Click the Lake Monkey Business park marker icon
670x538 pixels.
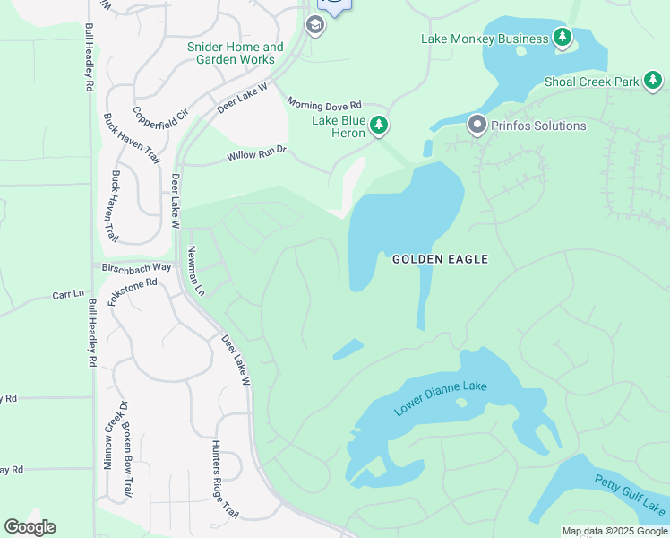click(563, 38)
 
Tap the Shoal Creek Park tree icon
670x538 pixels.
click(653, 82)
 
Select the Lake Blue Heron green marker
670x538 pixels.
click(379, 126)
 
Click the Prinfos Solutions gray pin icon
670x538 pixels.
click(477, 125)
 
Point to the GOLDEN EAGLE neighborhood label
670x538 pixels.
click(441, 259)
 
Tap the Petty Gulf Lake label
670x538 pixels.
click(630, 494)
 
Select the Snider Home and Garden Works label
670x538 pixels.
click(236, 53)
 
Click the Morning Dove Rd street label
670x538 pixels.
click(323, 104)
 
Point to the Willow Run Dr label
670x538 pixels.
click(256, 155)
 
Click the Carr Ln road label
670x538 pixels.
click(67, 294)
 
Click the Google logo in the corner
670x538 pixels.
click(30, 527)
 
